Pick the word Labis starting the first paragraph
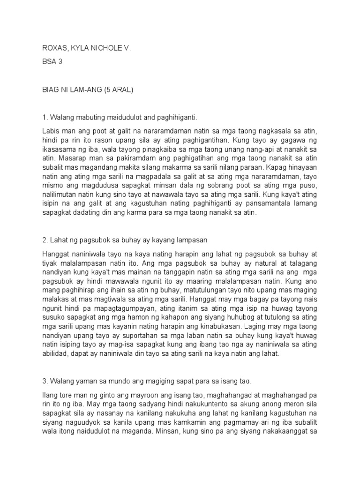pos(50,132)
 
